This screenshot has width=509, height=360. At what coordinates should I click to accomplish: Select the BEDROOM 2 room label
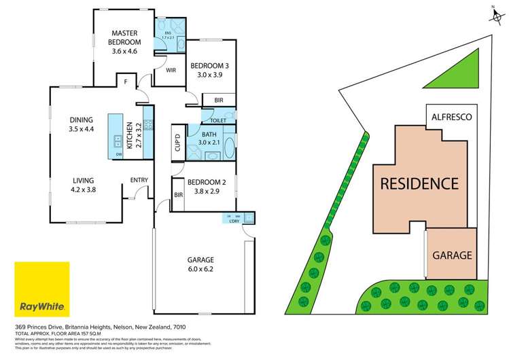[207, 186]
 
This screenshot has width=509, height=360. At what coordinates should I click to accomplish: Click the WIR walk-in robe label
[171, 70]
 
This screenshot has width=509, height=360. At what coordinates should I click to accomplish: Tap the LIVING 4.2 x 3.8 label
[83, 185]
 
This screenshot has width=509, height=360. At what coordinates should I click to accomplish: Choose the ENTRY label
[140, 180]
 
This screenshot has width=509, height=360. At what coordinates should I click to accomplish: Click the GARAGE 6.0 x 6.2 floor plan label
[200, 264]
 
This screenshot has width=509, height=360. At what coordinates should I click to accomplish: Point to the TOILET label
[217, 120]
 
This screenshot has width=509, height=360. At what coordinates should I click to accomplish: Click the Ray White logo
[42, 289]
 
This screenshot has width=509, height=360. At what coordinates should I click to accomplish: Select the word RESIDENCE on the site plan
[419, 183]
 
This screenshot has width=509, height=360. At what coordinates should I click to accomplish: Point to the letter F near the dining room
[125, 83]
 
